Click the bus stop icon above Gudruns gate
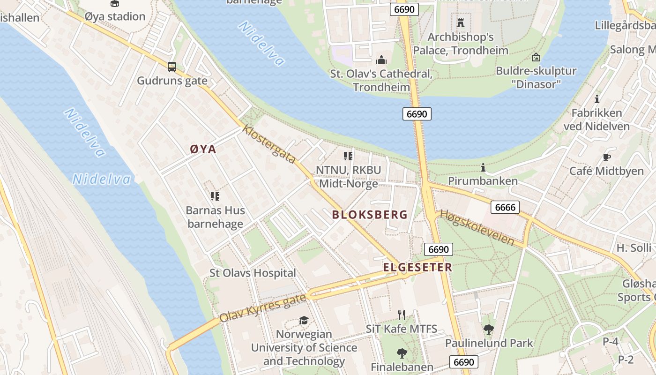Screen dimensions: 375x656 (172, 67)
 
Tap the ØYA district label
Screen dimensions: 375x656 (203, 149)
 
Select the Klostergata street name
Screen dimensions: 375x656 (269, 144)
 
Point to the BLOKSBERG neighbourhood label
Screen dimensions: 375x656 (370, 215)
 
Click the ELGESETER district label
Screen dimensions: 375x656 (417, 267)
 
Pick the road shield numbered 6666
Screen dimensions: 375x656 (505, 207)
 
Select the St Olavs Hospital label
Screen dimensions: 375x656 (253, 273)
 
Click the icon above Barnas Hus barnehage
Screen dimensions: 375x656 (215, 196)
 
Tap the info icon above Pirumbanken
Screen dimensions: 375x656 (483, 167)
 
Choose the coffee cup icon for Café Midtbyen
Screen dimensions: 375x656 (606, 157)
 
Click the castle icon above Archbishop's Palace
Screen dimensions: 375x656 (460, 22)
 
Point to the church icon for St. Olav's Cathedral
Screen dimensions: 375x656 (381, 60)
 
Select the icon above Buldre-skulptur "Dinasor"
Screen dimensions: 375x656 (536, 57)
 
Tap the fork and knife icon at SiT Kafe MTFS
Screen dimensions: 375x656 (402, 315)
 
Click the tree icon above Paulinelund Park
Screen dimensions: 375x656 (489, 329)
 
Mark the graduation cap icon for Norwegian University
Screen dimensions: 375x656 (304, 320)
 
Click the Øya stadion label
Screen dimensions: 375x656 (115, 16)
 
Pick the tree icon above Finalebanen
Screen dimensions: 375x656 (402, 353)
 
